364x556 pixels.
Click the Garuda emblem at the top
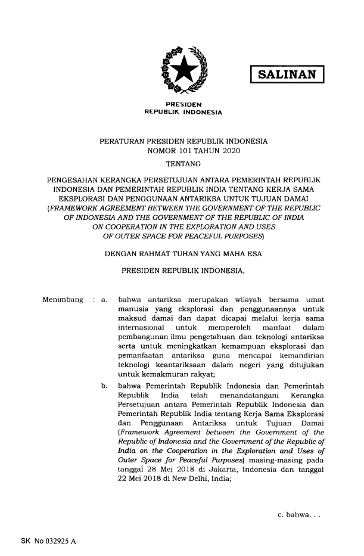[182, 71]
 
